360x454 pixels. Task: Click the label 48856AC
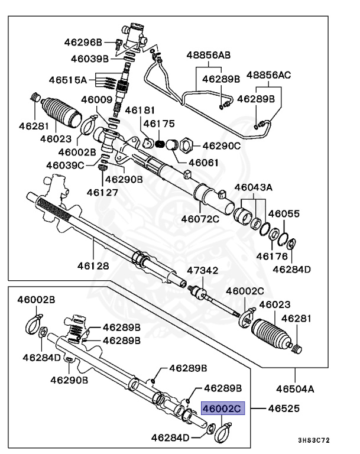point(269,76)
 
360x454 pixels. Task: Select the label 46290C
point(223,145)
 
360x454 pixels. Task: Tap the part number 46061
point(204,163)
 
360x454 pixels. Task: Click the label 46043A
point(253,187)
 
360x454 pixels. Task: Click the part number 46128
point(92,266)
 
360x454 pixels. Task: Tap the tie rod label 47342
point(203,271)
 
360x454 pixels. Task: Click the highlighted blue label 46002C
point(222,408)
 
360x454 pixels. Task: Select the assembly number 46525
point(283,408)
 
